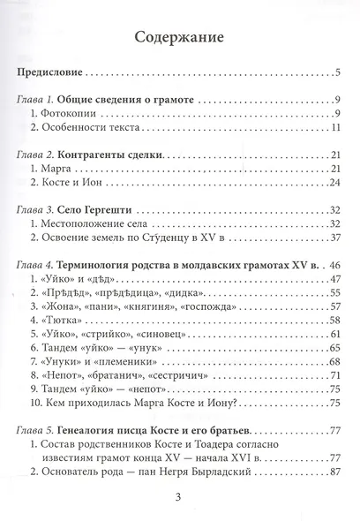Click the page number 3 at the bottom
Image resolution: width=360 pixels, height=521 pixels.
(x=180, y=504)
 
